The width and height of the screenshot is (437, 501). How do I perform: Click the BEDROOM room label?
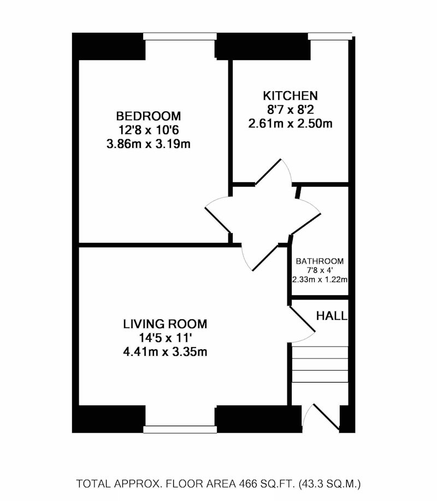coord(148,116)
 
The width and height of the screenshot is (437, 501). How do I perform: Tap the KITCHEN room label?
coord(290,96)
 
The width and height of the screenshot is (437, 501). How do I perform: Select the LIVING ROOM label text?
coord(165,324)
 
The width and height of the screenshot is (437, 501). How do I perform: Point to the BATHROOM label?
coord(320,261)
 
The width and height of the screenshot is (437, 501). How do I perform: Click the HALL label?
coord(332,316)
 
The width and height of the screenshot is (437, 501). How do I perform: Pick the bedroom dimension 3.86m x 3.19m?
coord(149,144)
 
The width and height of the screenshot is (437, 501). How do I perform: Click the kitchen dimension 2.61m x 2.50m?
coord(290,123)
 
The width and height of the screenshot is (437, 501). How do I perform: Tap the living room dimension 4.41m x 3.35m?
coord(165,352)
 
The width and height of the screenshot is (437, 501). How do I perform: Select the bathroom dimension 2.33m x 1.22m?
coord(320,280)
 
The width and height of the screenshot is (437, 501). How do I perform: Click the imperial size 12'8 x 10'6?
coord(149,130)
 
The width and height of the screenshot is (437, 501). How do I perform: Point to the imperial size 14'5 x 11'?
coord(165,338)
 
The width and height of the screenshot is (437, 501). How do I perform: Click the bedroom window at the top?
coord(180,37)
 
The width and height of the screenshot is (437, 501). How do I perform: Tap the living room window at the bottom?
coord(180,430)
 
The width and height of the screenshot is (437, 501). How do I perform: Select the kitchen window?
coord(330,36)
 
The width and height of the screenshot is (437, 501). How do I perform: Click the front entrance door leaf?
coord(326,417)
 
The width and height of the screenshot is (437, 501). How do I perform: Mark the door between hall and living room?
coord(302,319)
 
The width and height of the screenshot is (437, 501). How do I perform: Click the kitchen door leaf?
coord(268,172)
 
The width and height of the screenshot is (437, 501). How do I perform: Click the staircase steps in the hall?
coord(320,364)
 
